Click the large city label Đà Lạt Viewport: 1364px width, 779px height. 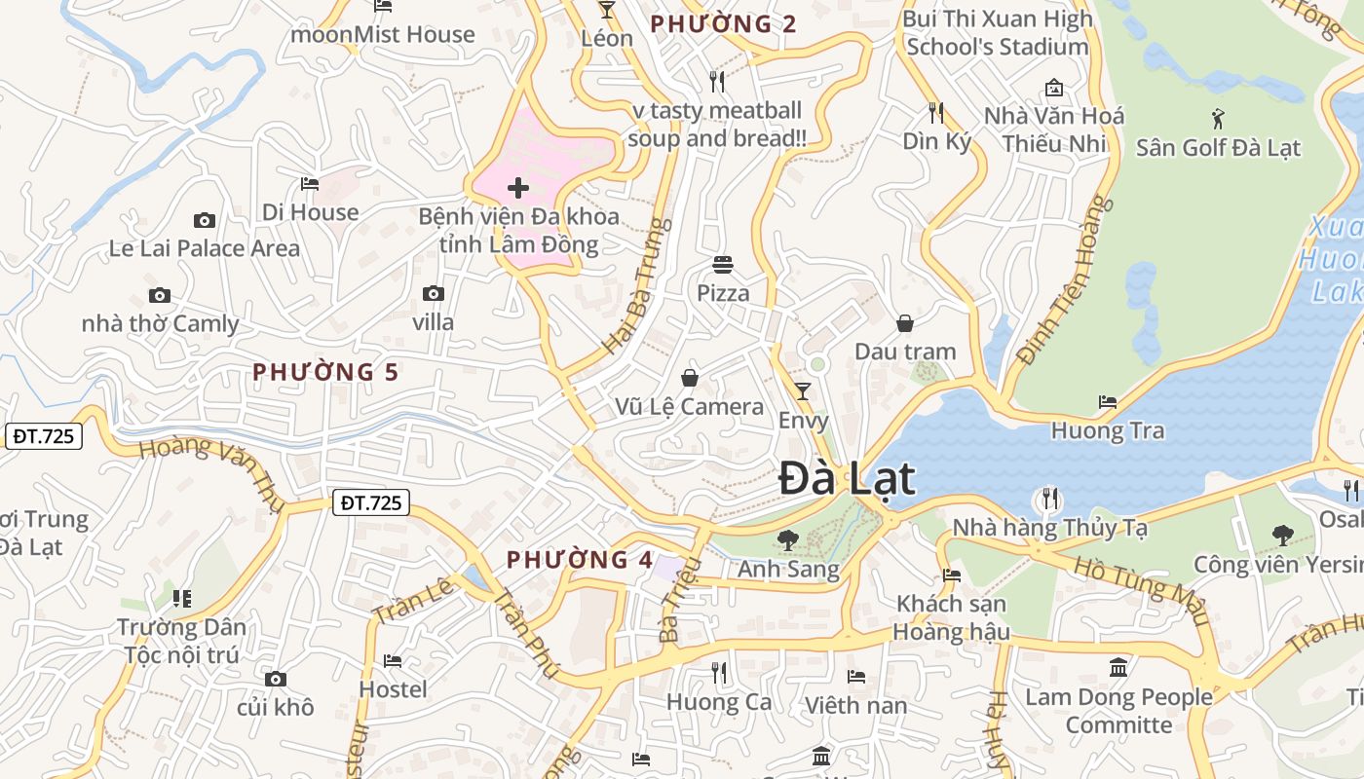pos(847,479)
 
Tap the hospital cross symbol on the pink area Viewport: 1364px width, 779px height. pos(518,187)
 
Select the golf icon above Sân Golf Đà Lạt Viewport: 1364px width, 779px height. pos(1218,119)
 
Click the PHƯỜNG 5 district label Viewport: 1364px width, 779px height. pos(326,372)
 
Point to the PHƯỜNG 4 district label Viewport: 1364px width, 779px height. pos(580,560)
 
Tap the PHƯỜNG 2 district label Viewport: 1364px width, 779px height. pos(723,24)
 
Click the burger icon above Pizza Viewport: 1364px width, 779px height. pos(723,264)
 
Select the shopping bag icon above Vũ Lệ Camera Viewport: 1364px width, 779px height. pos(690,378)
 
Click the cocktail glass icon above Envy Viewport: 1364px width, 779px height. pos(803,391)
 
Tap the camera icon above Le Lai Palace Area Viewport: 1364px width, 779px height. pos(204,220)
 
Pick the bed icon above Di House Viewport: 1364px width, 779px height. pos(310,183)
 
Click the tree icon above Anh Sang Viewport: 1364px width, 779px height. pos(788,538)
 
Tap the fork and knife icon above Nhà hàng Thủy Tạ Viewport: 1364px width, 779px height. pos(1049,499)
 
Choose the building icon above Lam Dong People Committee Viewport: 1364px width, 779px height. pos(1118,668)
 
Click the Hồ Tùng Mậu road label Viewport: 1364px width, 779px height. pos(1141,590)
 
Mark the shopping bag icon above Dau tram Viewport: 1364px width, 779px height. pos(905,323)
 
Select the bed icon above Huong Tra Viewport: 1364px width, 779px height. pos(1108,401)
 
